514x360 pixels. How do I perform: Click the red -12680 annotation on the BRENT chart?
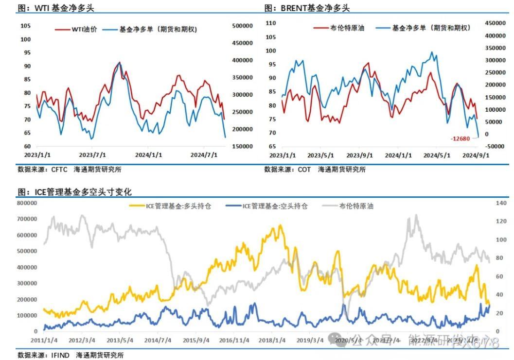[x=460, y=139]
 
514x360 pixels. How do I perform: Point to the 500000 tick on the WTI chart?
[x=242, y=26]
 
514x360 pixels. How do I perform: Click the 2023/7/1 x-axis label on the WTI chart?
[x=92, y=155]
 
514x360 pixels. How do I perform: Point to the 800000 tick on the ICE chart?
[x=27, y=203]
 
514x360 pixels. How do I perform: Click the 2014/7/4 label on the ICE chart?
[x=158, y=340]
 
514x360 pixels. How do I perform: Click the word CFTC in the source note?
[x=59, y=170]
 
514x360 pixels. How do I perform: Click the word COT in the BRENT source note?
[x=304, y=170]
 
